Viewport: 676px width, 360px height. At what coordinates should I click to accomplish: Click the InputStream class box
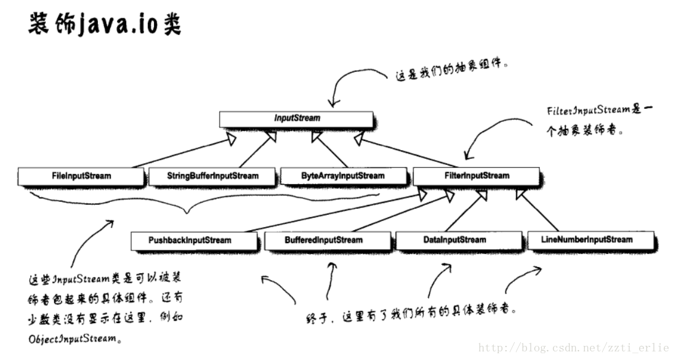click(296, 118)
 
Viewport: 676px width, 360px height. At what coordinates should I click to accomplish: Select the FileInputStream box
click(81, 176)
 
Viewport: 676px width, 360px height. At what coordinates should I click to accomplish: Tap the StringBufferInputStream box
click(212, 176)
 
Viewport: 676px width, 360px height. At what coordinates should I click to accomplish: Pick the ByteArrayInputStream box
click(343, 176)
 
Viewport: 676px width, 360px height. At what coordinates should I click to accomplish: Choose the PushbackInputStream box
click(190, 240)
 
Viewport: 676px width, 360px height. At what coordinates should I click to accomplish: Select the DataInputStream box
click(454, 240)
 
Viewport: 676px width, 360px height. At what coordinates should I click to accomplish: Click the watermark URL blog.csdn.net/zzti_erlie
click(573, 348)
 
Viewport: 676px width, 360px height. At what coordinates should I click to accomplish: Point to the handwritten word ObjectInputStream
click(73, 338)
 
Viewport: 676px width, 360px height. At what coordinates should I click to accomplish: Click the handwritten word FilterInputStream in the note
click(587, 110)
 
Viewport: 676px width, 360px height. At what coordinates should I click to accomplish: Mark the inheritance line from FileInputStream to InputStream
click(181, 153)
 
